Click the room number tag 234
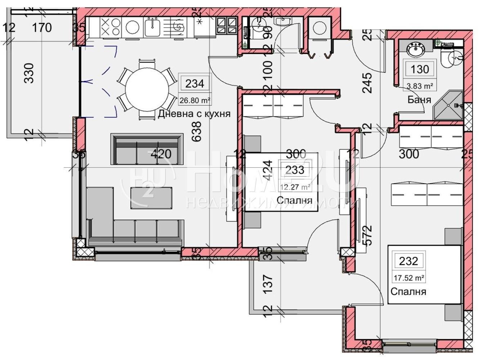pos(194,84)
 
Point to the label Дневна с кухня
pos(194,114)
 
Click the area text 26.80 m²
pos(194,100)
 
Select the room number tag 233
pos(295,170)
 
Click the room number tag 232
pos(408,261)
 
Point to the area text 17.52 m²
pos(408,278)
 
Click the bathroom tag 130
pos(420,69)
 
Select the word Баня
pos(419,100)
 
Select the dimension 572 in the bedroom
pos(367,235)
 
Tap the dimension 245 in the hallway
pos(367,83)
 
